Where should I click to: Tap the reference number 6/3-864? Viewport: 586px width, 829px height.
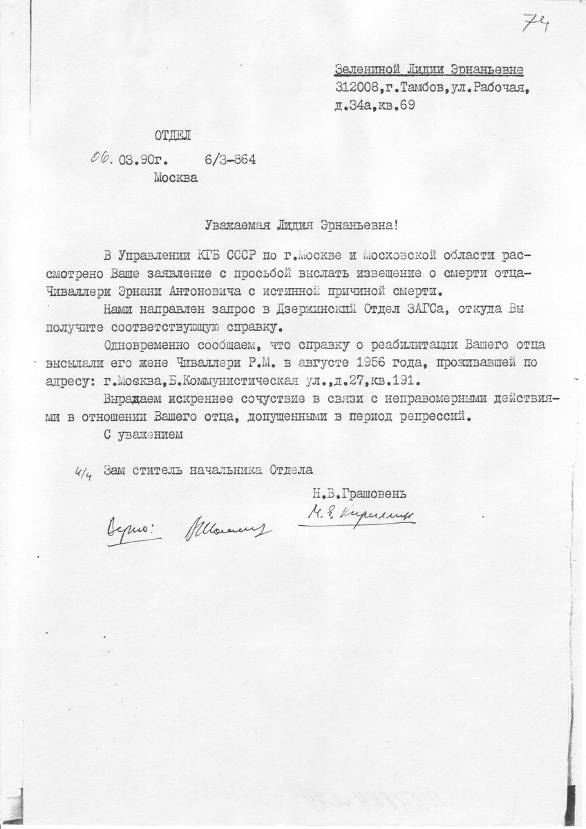(230, 160)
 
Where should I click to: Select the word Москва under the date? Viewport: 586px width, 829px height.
(176, 178)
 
